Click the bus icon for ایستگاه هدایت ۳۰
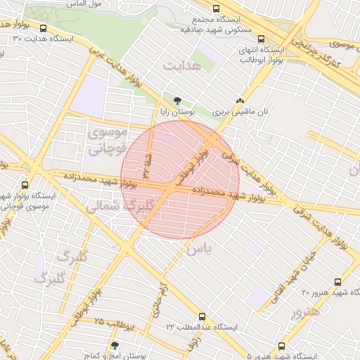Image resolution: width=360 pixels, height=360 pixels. click(x=44, y=29)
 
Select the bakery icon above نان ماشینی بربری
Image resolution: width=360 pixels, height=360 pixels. click(x=240, y=101)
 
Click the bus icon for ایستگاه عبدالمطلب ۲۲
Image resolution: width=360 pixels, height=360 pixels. click(x=202, y=316)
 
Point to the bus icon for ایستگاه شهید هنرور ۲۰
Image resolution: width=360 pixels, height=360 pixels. click(x=338, y=281)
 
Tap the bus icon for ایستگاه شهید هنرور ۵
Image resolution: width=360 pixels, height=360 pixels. click(x=282, y=346)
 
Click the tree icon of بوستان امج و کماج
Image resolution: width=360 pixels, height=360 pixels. click(x=115, y=346)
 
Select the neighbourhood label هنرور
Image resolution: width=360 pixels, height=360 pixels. click(x=306, y=312)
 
